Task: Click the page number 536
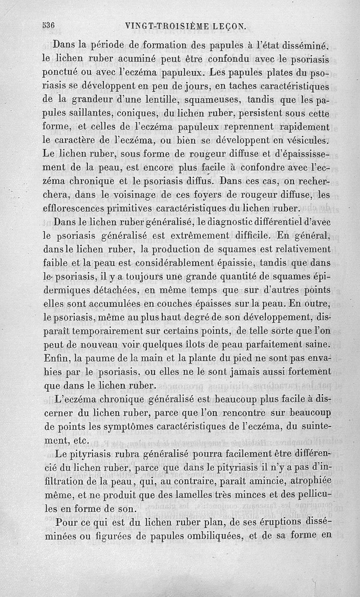tap(45, 26)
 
